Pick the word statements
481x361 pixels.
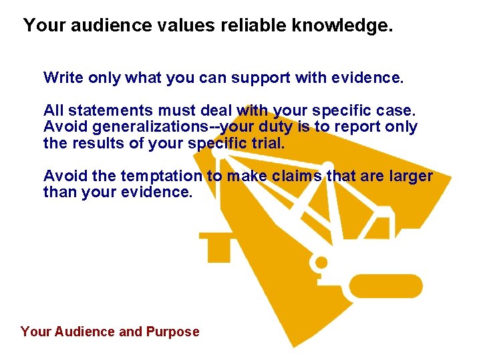tap(104, 109)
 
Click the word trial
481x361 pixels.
tap(273, 144)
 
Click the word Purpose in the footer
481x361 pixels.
tap(173, 332)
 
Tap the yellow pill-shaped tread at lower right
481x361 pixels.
tap(386, 285)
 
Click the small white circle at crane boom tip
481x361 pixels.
tap(216, 154)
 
